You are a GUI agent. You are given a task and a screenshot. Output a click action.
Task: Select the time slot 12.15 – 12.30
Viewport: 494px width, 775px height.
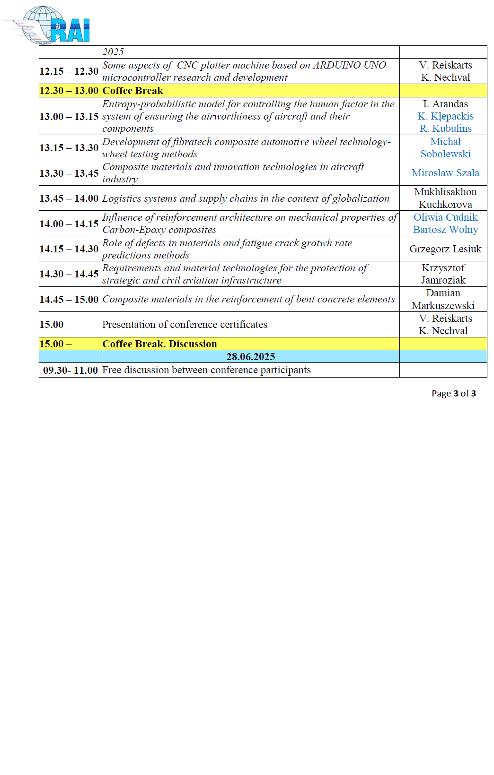pos(69,71)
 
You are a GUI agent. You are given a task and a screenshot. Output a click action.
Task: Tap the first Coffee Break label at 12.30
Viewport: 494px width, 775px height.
pos(133,91)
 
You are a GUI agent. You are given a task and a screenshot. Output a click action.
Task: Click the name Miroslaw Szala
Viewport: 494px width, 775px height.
pos(445,173)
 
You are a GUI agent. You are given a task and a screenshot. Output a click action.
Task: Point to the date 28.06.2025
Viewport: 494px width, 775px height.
pos(251,357)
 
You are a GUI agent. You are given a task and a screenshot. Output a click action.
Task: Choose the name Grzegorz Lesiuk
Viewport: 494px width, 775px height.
pos(445,249)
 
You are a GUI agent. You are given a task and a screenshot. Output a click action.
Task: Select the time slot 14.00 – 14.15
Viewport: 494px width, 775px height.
pos(69,224)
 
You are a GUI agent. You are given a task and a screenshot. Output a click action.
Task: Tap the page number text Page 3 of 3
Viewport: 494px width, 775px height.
pos(453,394)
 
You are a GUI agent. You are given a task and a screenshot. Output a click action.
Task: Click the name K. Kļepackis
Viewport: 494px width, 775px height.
pos(445,116)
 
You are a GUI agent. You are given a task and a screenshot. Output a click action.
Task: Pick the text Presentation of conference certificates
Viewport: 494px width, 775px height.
pos(185,325)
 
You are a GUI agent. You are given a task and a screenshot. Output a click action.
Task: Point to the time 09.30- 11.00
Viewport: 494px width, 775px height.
pos(71,370)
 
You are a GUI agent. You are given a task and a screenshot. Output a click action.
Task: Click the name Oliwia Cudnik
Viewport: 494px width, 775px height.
pos(445,217)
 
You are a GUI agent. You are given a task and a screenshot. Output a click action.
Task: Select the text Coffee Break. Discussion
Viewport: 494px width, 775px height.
pos(160,344)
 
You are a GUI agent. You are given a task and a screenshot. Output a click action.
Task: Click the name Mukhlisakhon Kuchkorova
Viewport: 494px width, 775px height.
pos(445,198)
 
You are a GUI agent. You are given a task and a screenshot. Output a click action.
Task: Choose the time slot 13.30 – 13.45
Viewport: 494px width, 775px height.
pos(69,173)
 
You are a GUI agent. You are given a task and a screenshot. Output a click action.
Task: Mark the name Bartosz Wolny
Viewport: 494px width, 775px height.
pos(445,230)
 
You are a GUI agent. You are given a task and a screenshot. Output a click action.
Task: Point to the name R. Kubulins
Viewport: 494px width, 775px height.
pos(445,129)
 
